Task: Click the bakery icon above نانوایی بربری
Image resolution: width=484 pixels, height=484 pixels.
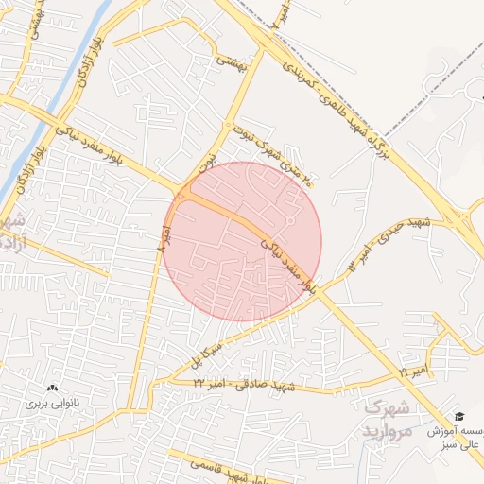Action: [x=53, y=388]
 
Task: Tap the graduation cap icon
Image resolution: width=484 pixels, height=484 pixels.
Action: [x=459, y=417]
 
